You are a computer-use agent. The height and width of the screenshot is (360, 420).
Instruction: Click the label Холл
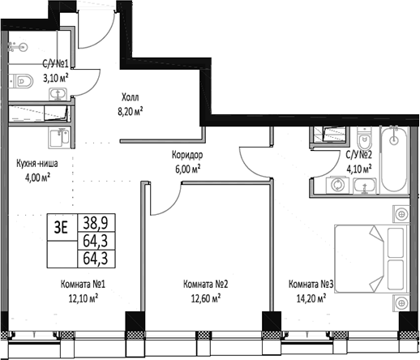point(131,93)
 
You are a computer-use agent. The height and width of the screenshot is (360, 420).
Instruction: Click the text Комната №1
point(84,285)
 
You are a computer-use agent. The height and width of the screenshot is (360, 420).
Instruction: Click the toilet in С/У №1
point(19,82)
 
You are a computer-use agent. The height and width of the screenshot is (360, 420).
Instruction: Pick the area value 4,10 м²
point(358,169)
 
